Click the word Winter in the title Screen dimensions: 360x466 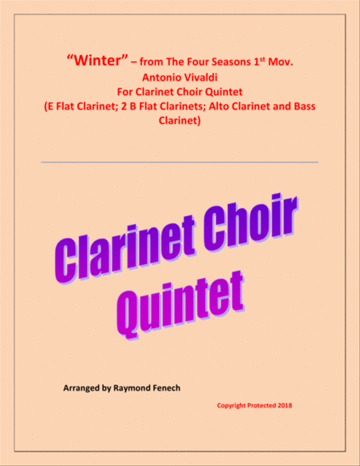click(x=98, y=60)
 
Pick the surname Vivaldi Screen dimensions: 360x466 click(x=200, y=77)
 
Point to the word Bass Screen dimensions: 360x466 click(x=305, y=106)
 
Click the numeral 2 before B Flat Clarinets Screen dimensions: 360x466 click(x=124, y=106)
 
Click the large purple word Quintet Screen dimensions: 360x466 click(x=180, y=305)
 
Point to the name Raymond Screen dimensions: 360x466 click(x=131, y=388)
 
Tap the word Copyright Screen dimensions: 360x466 click(x=231, y=406)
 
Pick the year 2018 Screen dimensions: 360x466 click(x=285, y=406)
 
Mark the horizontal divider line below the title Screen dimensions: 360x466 click(x=180, y=162)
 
